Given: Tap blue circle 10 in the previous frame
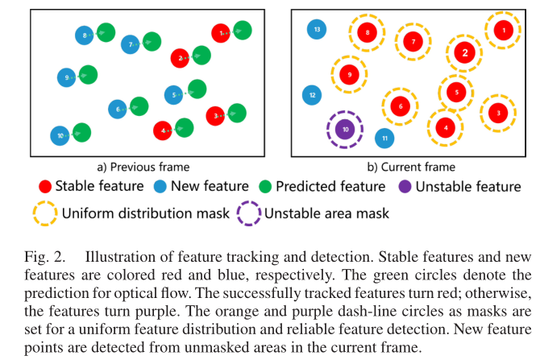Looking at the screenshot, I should tap(59, 136).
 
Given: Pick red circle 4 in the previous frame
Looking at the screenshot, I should tap(164, 130).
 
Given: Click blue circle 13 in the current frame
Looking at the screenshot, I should tap(317, 30).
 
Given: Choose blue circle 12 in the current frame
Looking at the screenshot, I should tap(311, 96).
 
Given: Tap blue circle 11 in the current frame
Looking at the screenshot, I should tap(384, 139).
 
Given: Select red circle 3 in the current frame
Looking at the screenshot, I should tap(498, 113).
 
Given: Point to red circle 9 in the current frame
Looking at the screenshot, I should tap(350, 74).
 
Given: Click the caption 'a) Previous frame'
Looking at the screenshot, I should tap(143, 167).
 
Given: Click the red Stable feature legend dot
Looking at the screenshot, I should tap(44, 187).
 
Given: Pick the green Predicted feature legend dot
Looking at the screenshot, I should tap(264, 187).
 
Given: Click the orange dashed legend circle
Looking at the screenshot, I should tap(44, 213).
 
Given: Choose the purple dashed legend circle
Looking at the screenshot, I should tap(248, 213).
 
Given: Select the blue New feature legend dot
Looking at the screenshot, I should tap(159, 187).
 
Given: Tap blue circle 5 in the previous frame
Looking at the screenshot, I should tap(175, 95).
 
